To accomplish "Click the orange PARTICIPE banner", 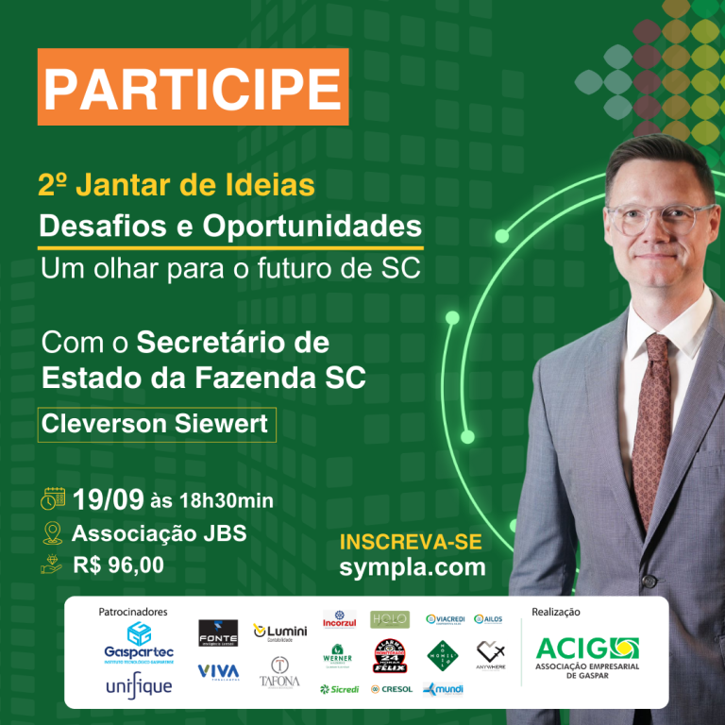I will click(193, 87).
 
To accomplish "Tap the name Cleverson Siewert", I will click(156, 424).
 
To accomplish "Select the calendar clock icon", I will click(53, 498).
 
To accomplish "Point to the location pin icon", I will click(53, 532).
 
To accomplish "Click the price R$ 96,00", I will click(118, 565).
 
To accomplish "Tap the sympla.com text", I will click(413, 566).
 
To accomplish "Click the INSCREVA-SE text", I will click(411, 542).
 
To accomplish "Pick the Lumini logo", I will click(280, 632).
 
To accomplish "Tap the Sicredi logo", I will click(339, 689).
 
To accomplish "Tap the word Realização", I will click(556, 612).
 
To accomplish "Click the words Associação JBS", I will click(159, 532).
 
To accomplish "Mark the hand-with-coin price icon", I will click(53, 565).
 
